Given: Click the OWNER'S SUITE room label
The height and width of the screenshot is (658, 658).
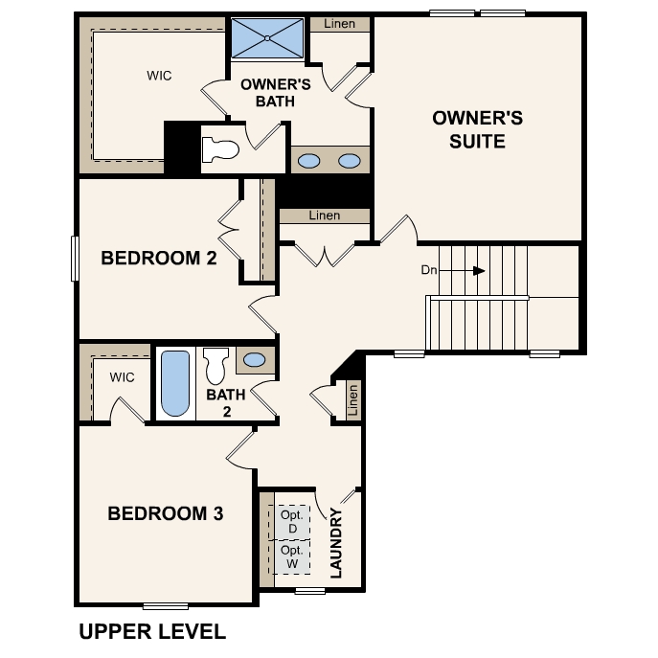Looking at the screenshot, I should click(x=477, y=129).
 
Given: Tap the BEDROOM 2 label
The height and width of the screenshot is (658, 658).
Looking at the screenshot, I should click(x=159, y=258).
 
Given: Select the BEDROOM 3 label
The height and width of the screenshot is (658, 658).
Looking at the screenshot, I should click(x=166, y=514).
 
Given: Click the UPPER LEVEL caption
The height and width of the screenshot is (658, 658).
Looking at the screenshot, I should click(x=152, y=631).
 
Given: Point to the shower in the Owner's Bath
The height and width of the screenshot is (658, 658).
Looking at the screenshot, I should click(x=267, y=38).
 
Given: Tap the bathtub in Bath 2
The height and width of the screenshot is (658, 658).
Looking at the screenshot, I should click(x=174, y=384).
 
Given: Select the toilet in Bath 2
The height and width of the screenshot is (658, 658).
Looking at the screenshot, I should click(x=215, y=367).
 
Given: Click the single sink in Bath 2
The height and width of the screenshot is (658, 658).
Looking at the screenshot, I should click(x=254, y=360).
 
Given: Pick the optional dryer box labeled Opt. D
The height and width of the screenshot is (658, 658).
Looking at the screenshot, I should click(x=292, y=522).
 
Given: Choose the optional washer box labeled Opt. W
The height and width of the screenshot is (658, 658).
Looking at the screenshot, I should click(x=292, y=556).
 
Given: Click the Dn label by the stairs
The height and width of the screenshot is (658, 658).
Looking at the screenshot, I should click(x=429, y=270).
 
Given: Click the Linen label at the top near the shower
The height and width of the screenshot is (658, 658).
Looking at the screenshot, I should click(x=340, y=24).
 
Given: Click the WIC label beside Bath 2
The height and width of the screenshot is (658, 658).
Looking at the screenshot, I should click(x=122, y=377).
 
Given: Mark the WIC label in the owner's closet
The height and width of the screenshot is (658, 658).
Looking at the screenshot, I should click(x=159, y=76).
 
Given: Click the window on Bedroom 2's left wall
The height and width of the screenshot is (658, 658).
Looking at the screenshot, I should click(x=75, y=259).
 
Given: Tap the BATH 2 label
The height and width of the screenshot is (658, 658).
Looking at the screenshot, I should click(x=226, y=401).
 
